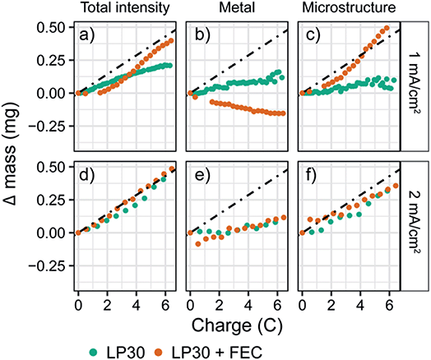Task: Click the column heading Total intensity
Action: click(125, 9)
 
